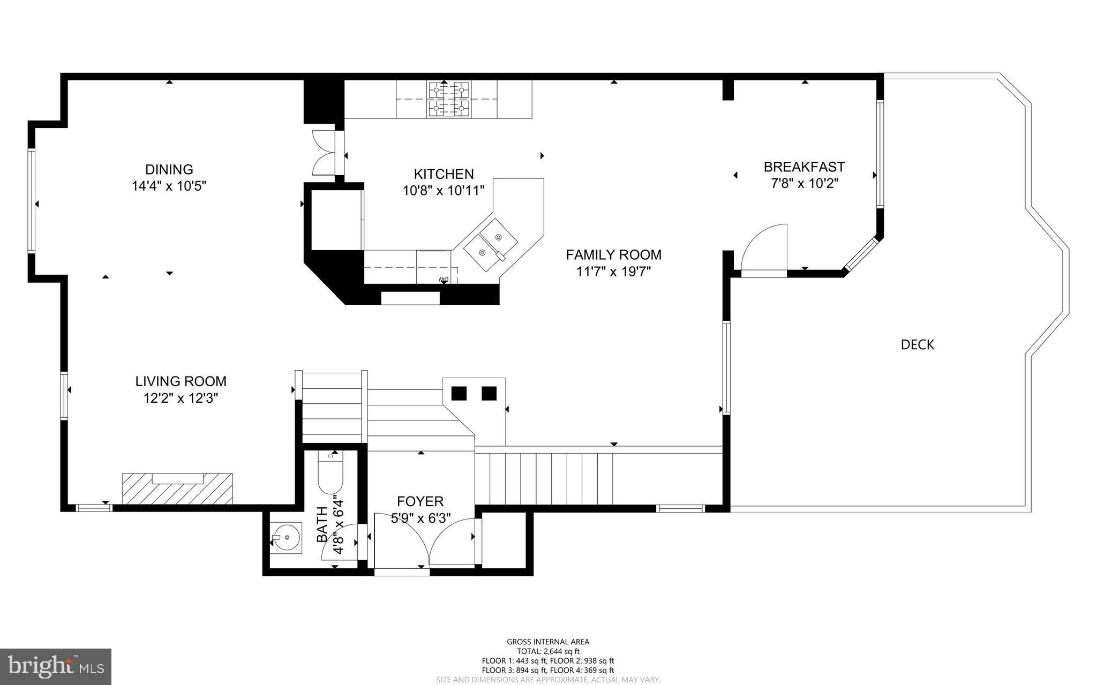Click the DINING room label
click(x=169, y=169)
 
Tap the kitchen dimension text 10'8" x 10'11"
click(x=444, y=190)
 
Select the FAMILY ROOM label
click(x=613, y=254)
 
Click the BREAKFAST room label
click(x=804, y=167)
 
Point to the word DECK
click(x=917, y=344)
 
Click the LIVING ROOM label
click(x=181, y=381)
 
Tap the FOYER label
click(x=420, y=501)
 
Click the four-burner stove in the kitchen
click(x=449, y=99)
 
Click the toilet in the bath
click(x=330, y=474)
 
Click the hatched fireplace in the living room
click(x=177, y=488)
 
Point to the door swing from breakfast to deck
click(x=763, y=249)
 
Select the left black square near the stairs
click(x=459, y=393)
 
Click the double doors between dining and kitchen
click(x=324, y=152)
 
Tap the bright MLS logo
click(x=56, y=666)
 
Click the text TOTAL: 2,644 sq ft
click(x=548, y=651)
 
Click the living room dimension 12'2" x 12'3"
click(x=181, y=398)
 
